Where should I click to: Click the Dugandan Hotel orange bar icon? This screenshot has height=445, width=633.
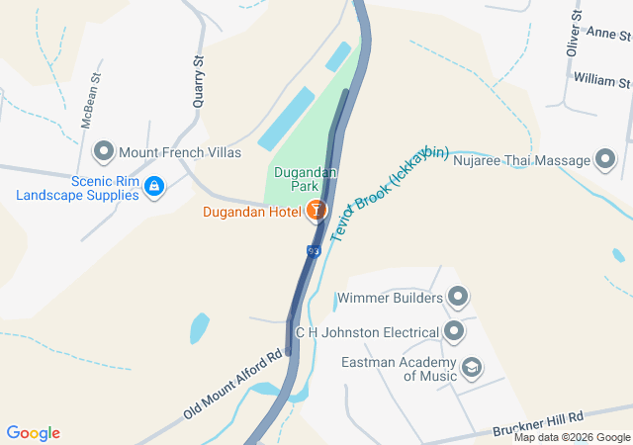point(316,210)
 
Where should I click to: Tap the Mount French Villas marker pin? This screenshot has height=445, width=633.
point(104,152)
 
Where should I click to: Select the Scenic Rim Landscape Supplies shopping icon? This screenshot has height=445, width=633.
point(154,186)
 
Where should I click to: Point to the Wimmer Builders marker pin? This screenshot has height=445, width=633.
point(457,296)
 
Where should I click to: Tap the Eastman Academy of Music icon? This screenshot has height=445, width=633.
point(472,368)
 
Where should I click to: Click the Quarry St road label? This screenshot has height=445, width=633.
point(199,80)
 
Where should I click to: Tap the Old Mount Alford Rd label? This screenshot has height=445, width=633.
point(233,384)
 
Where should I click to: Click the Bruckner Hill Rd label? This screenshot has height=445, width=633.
point(538,424)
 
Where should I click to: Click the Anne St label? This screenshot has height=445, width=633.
point(607,33)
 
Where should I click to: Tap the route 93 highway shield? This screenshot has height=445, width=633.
point(314,252)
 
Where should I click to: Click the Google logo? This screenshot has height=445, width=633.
point(33,433)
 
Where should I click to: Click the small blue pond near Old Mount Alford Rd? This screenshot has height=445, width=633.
point(200,325)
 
